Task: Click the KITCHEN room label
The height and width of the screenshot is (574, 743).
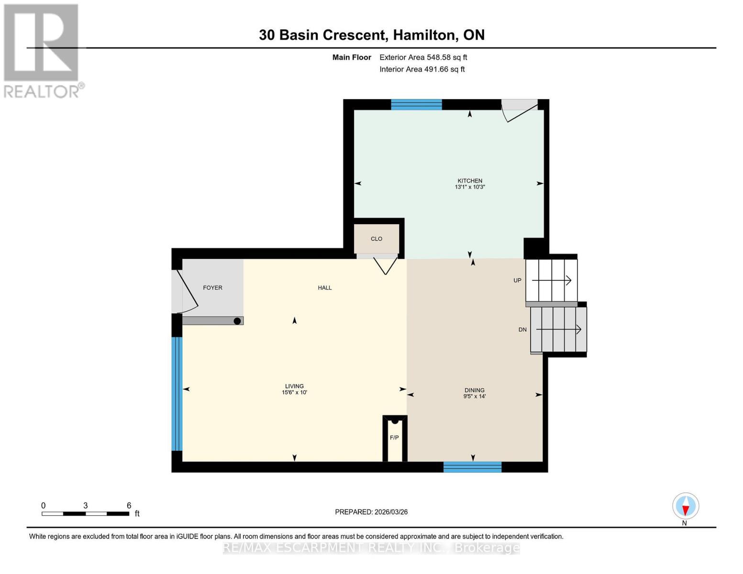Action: [469, 181]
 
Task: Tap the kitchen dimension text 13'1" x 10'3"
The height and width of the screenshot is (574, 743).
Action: [469, 187]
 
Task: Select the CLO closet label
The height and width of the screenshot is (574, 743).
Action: [377, 239]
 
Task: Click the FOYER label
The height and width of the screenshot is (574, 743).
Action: [212, 287]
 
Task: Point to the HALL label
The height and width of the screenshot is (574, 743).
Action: [324, 287]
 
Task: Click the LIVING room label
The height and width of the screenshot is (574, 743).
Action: [294, 386]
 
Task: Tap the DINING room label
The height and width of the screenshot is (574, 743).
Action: [474, 390]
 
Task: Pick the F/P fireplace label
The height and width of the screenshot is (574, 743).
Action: [394, 438]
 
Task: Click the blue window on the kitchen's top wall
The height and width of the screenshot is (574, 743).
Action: [416, 105]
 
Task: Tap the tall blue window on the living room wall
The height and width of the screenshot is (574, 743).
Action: [177, 394]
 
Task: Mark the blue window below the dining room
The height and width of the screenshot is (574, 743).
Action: [472, 467]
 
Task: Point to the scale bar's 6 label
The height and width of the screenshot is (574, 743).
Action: [129, 506]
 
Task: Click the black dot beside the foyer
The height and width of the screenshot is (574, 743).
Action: [237, 321]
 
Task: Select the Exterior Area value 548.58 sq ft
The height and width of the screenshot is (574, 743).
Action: [447, 57]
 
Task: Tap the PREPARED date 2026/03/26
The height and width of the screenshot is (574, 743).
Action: [391, 512]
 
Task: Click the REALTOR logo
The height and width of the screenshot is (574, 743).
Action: [42, 50]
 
